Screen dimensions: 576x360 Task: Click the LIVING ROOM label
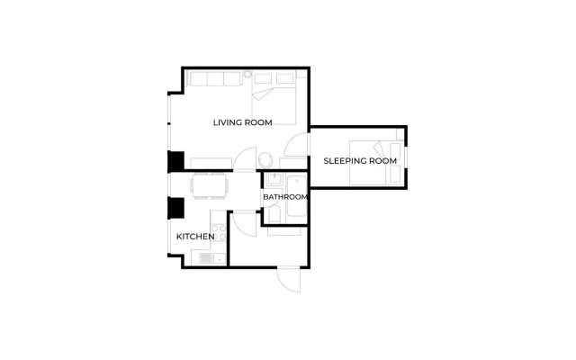pos(242,122)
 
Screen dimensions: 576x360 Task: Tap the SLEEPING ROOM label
pos(360,161)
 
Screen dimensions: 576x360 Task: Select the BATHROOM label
pos(285,197)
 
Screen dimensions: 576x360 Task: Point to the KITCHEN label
pos(195,237)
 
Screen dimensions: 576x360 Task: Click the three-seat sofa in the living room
pos(215,78)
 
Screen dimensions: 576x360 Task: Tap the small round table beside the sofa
pos(247,74)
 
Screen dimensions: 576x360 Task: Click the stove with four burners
pos(218,232)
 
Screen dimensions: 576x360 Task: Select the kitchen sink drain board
pos(206,258)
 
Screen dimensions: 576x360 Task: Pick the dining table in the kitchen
pos(209,185)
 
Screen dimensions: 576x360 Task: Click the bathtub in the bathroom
pos(296,196)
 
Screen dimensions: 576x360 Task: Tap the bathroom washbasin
pos(274,179)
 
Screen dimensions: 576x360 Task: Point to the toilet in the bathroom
pos(274,214)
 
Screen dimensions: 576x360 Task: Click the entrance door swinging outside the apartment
pos(289,279)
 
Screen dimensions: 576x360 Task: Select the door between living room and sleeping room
pos(296,145)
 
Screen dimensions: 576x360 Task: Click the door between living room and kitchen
pos(245,159)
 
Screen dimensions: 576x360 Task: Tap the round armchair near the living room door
pos(265,160)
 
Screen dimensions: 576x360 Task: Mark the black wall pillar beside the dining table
pos(176,208)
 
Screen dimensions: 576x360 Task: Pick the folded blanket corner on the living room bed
pos(262,94)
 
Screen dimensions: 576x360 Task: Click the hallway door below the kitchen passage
pos(244,224)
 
